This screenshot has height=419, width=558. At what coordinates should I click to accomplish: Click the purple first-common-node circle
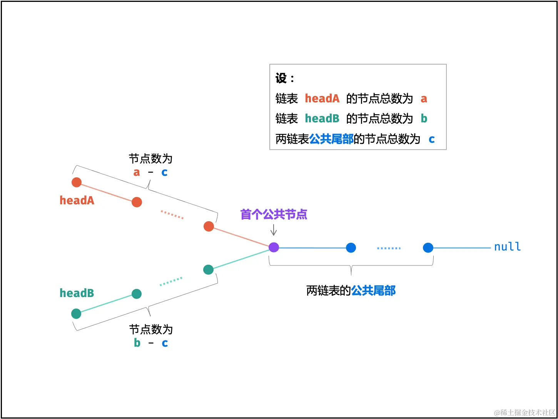pyautogui.click(x=274, y=247)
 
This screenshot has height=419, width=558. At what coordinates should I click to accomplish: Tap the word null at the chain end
pyautogui.click(x=507, y=247)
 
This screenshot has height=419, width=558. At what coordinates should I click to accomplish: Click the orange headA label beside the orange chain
pyautogui.click(x=77, y=200)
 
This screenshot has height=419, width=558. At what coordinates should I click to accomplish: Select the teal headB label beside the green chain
pyautogui.click(x=77, y=293)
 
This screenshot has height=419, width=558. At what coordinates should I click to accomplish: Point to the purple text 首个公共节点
pyautogui.click(x=274, y=214)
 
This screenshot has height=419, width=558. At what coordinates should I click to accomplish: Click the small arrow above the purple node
pyautogui.click(x=274, y=230)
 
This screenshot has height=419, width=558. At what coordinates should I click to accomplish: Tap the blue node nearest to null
pyautogui.click(x=428, y=248)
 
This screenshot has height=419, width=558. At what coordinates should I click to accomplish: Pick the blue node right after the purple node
pyautogui.click(x=351, y=248)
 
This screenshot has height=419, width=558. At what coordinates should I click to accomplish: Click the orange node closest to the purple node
pyautogui.click(x=209, y=226)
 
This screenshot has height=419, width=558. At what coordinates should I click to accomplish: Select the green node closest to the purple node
pyautogui.click(x=208, y=269)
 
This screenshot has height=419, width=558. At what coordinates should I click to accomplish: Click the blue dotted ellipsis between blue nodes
pyautogui.click(x=389, y=248)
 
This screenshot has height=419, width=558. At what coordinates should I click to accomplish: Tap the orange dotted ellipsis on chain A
pyautogui.click(x=172, y=215)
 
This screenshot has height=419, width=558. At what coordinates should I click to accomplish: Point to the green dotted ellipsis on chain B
pyautogui.click(x=171, y=282)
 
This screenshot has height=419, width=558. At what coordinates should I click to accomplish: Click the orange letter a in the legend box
pyautogui.click(x=424, y=99)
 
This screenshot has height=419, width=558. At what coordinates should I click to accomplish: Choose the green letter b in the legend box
pyautogui.click(x=424, y=119)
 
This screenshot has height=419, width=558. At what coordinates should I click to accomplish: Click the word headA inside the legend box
pyautogui.click(x=322, y=98)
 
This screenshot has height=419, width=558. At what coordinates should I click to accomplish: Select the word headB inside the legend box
pyautogui.click(x=322, y=119)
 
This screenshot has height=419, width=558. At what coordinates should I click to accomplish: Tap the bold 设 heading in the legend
pyautogui.click(x=281, y=78)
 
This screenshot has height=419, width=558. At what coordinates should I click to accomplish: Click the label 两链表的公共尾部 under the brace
pyautogui.click(x=351, y=290)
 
